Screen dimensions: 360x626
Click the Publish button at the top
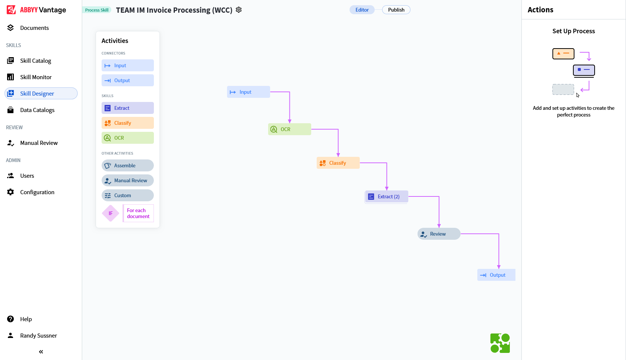point(396,10)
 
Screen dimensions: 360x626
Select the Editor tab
point(362,10)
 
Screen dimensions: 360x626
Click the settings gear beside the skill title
point(239,10)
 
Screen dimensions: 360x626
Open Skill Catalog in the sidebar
point(35,60)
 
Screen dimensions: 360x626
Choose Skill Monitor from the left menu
point(36,77)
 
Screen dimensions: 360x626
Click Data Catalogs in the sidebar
point(37,110)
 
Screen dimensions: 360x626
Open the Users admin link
point(27,176)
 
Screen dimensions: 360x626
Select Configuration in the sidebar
point(37,192)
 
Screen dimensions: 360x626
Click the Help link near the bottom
point(26,319)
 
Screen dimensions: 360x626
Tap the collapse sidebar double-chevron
point(41,352)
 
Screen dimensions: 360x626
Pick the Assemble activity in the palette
point(128,165)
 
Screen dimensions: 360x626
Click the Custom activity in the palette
point(128,195)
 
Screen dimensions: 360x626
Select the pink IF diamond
point(111,213)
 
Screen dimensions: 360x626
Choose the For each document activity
point(138,213)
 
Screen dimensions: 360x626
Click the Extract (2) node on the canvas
point(387,196)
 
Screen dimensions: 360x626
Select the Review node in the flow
point(439,234)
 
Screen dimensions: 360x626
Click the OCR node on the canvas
point(289,129)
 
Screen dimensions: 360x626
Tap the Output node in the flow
point(496,275)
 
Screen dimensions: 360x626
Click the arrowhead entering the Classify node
point(338,155)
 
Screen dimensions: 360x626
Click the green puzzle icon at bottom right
point(500,343)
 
